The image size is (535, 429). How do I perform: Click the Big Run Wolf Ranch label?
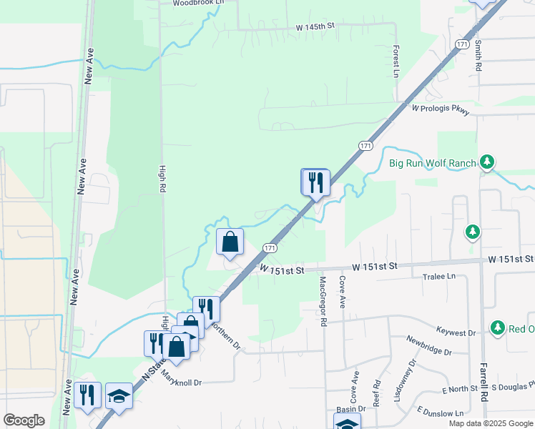coord(432,163)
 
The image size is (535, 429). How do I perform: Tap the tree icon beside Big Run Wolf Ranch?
coord(487,162)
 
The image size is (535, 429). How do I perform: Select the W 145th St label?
coord(315,26)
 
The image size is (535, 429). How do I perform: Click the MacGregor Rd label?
coord(323,302)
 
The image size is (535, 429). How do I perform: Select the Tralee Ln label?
coord(439,276)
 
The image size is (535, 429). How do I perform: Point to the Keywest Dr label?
coord(456,332)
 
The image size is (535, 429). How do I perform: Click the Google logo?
coord(24,420)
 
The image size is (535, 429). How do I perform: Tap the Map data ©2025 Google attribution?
coord(490,423)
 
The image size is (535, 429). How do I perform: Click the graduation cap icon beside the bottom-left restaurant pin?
coord(119,397)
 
